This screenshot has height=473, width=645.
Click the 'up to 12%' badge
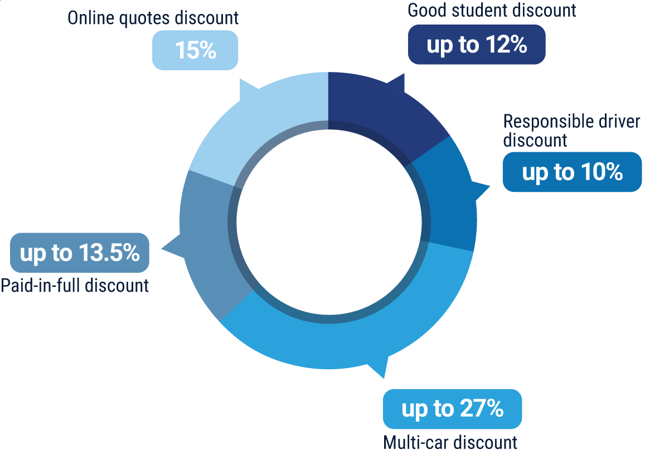(476, 45)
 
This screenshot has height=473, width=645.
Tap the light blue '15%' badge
(195, 50)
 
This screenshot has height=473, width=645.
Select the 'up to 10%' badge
(572, 172)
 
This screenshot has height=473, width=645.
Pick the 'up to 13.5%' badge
(79, 253)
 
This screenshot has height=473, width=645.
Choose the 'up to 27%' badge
(452, 409)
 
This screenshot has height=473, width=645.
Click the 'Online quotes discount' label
(153, 18)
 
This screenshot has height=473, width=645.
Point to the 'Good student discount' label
(492, 10)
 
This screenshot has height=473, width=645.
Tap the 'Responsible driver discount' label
(571, 131)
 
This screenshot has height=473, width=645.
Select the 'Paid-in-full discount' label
(75, 286)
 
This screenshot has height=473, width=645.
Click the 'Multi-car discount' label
(450, 443)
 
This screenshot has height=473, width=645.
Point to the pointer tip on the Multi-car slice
(384, 378)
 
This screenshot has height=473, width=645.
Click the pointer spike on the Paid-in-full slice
(162, 248)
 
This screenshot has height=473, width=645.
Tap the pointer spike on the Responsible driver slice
(489, 186)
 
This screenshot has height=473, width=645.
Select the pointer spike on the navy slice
(404, 74)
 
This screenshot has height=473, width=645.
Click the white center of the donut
(329, 222)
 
